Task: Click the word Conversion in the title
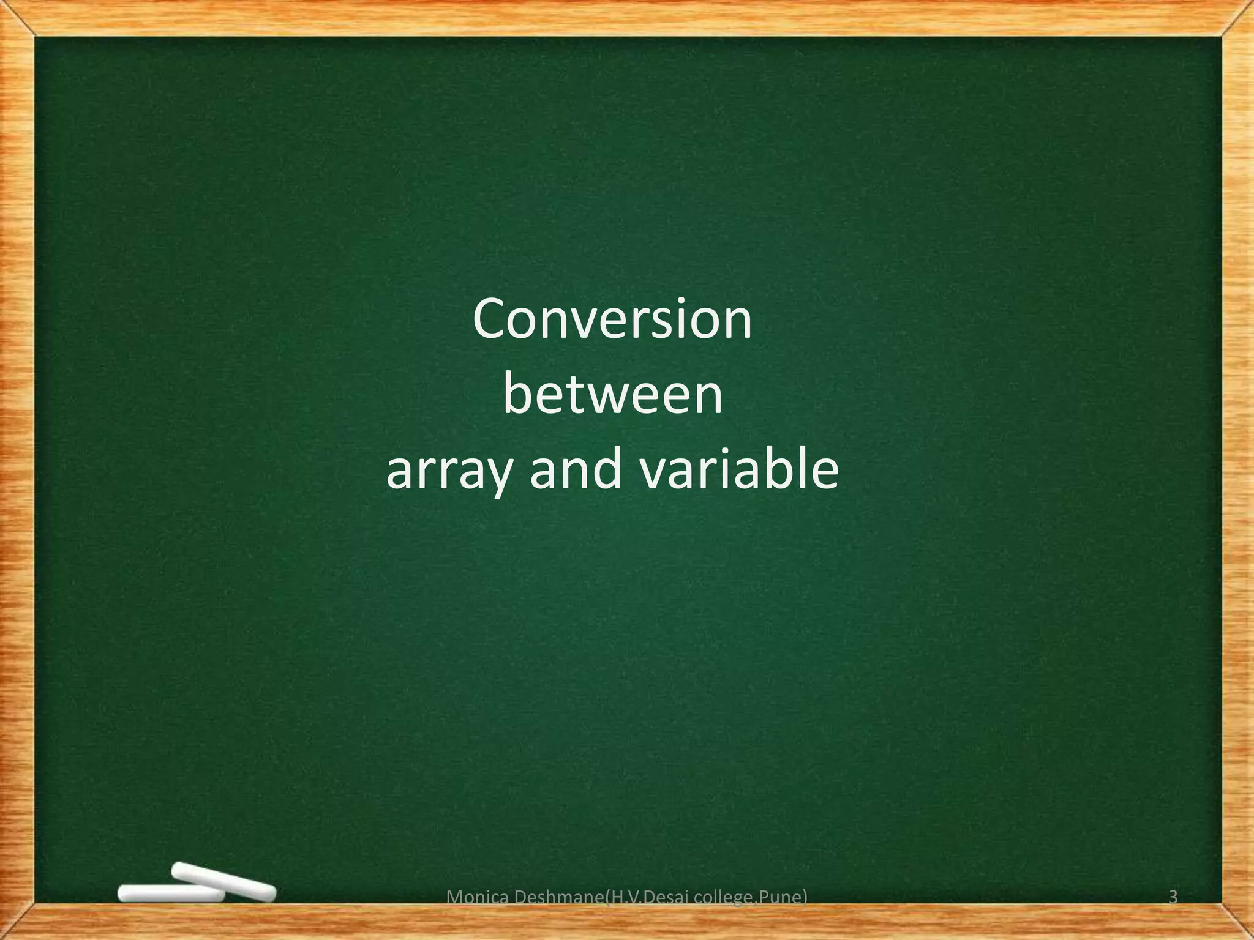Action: pos(612,320)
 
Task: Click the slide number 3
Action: pos(1173,897)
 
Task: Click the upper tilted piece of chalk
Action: pos(223,881)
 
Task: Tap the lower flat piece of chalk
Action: pos(170,894)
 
